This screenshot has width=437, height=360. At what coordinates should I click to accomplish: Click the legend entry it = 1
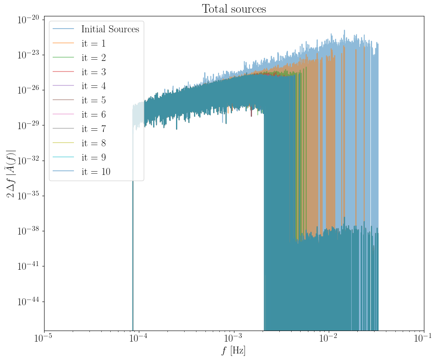click(94, 44)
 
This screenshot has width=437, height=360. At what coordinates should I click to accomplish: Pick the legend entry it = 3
click(94, 72)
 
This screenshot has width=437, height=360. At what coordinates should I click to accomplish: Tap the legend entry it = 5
click(94, 101)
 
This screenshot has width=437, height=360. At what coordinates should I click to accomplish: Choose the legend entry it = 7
click(94, 129)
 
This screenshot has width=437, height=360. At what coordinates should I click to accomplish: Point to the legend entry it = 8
click(94, 143)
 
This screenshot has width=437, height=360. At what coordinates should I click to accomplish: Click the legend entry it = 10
click(96, 172)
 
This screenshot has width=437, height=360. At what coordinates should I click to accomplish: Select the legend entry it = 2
click(94, 58)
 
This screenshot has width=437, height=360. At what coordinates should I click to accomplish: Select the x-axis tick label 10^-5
click(44, 340)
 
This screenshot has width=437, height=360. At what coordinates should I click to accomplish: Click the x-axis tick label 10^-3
click(234, 340)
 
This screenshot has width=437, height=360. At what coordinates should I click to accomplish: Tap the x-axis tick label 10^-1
click(424, 340)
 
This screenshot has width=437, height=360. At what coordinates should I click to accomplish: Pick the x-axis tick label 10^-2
click(329, 340)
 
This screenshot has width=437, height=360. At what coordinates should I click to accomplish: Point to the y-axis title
click(11, 173)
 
